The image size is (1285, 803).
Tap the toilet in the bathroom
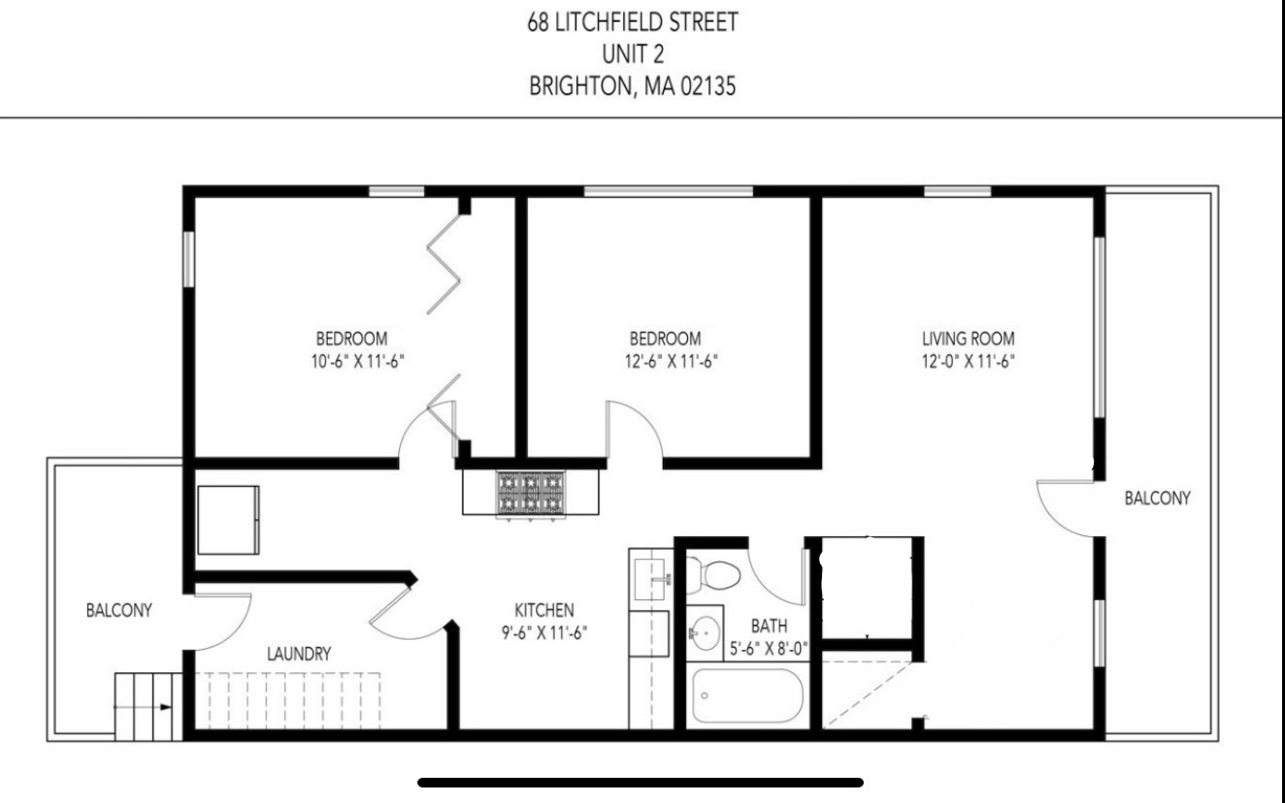[719, 577]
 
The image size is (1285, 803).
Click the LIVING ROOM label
[968, 339]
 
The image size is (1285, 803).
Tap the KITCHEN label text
[544, 611]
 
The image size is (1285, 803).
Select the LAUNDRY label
[299, 654]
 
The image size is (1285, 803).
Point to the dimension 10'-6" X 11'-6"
[351, 361]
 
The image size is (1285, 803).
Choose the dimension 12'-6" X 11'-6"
[665, 361]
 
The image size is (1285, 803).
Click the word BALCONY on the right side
[1157, 498]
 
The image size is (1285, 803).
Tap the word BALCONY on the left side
[119, 611]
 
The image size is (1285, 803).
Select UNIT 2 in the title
[632, 53]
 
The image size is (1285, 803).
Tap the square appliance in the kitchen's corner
[229, 519]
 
